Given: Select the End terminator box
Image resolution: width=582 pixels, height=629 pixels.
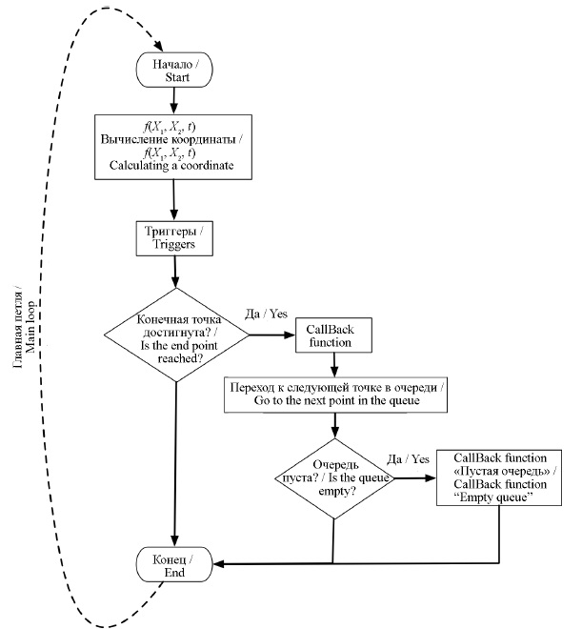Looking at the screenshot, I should pos(174,566).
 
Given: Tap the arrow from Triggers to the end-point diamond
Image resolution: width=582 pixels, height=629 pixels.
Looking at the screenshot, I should pos(173,272).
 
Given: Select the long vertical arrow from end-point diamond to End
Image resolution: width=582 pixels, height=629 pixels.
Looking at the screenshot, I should pos(175,457).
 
